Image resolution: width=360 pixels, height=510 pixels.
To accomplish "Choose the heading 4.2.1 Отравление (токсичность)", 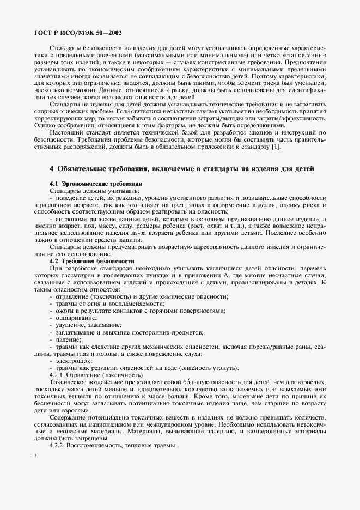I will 96,375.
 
